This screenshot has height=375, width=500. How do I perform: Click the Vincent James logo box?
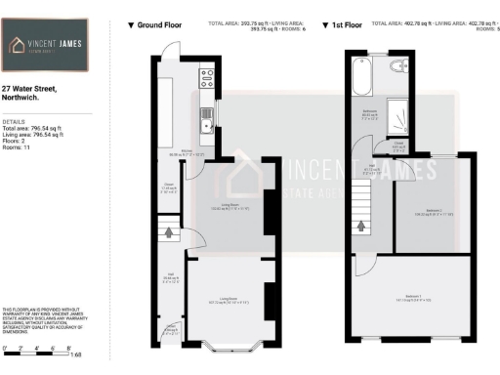(46, 47)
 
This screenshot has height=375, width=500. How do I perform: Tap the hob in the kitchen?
(207, 75)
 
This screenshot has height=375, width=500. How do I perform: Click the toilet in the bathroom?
(398, 66)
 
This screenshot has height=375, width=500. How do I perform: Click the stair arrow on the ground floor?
(172, 233)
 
